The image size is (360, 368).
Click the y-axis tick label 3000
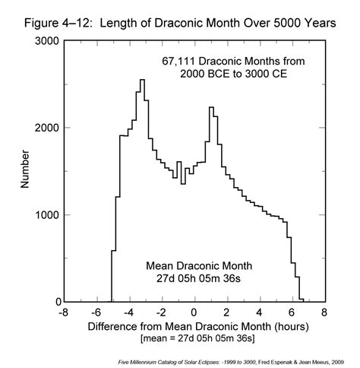click(x=47, y=41)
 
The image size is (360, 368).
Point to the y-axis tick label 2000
click(x=47, y=128)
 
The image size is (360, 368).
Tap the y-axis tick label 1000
click(x=47, y=215)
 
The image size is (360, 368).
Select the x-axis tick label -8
click(x=64, y=312)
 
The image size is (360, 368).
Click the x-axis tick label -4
click(x=128, y=312)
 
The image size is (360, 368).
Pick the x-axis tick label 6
click(x=292, y=312)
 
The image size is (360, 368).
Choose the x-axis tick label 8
click(x=324, y=312)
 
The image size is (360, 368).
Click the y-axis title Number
click(x=25, y=169)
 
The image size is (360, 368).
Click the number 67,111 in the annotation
click(x=178, y=62)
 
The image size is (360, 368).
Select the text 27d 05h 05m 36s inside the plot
click(x=199, y=278)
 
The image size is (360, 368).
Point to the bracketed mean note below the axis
click(x=197, y=338)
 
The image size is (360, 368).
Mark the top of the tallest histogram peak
click(x=142, y=80)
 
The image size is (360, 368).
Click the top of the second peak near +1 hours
click(x=211, y=107)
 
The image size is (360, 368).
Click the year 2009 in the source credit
click(x=339, y=362)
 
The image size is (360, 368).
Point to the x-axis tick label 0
click(x=194, y=312)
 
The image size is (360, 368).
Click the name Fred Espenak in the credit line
click(x=270, y=362)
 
